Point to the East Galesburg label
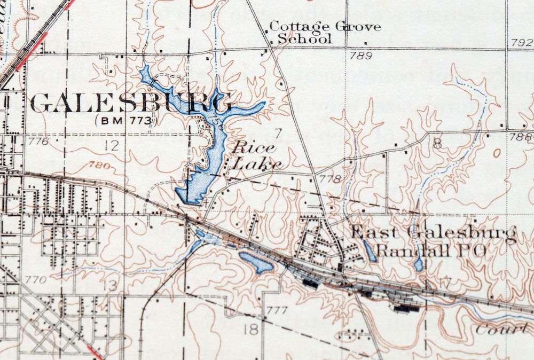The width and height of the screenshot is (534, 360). pyautogui.click(x=433, y=233)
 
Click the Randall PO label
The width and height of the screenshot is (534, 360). pyautogui.click(x=430, y=251)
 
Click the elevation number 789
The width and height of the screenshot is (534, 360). pyautogui.click(x=362, y=56)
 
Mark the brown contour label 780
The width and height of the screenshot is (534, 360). pyautogui.click(x=100, y=165)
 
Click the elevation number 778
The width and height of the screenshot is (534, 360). pyautogui.click(x=330, y=178)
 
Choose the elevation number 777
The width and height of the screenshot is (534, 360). pyautogui.click(x=277, y=310)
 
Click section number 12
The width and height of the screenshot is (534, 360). pyautogui.click(x=111, y=145)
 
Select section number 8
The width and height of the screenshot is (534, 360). pyautogui.click(x=438, y=143)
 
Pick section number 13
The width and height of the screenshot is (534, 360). pyautogui.click(x=111, y=286)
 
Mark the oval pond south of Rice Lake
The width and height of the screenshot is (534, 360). pyautogui.click(x=256, y=262)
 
